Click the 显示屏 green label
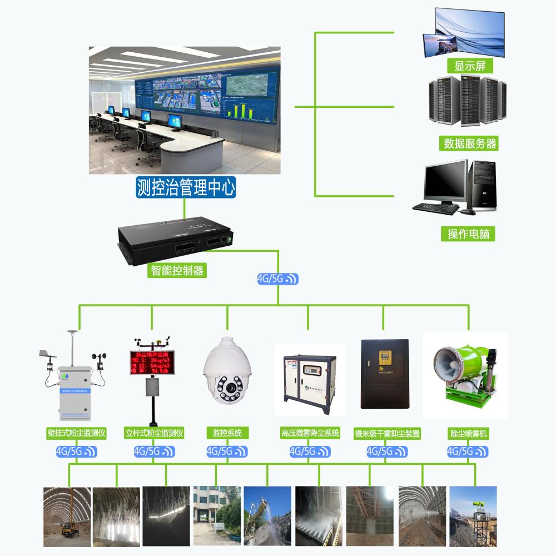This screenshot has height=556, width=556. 470,66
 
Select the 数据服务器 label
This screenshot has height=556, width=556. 470,143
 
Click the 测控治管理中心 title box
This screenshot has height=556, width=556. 186,187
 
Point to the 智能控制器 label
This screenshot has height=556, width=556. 178,271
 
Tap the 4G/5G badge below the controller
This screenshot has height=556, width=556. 278,279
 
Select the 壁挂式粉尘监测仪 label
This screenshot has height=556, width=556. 77,433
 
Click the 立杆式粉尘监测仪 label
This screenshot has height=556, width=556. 154,433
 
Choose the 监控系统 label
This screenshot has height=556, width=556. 227,433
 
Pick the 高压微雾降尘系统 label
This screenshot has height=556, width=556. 310,433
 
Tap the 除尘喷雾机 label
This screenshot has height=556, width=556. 468,433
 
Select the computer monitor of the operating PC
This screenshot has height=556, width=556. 445,181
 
